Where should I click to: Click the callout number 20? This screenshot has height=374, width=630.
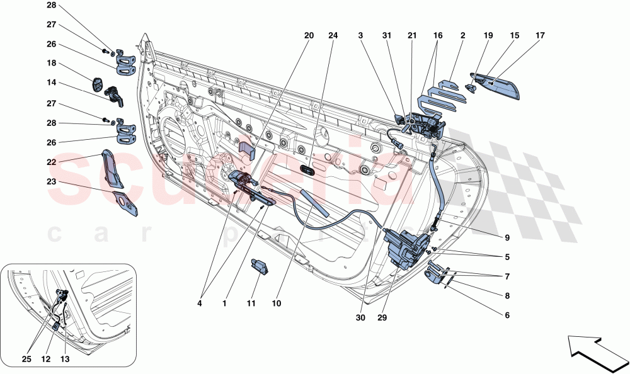[x=309, y=36]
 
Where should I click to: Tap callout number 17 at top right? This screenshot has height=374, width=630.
[x=540, y=36]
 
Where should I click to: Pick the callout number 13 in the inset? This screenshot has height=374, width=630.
[x=66, y=360]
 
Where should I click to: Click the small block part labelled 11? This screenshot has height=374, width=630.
[x=260, y=266]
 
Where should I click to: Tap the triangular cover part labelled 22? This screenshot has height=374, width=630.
[x=113, y=168]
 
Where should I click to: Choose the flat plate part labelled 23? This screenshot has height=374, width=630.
[x=129, y=203]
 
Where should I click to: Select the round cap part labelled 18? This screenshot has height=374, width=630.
[x=99, y=84]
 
